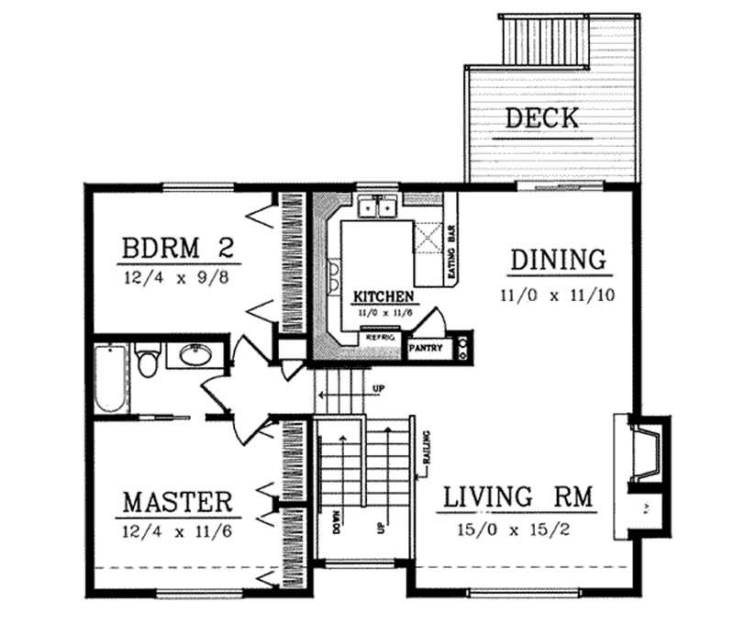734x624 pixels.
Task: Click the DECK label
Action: coord(542,118)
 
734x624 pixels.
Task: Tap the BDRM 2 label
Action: coord(180,249)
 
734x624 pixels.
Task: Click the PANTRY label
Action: coord(426,349)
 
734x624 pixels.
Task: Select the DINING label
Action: coord(558,260)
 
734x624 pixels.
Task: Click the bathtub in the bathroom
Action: coord(110,378)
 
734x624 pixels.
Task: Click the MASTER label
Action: coord(176,503)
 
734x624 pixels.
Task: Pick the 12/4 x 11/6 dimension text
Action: coord(176,530)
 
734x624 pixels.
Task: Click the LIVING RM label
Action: coord(519,498)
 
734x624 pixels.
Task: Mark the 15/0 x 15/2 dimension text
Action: coord(519,529)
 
